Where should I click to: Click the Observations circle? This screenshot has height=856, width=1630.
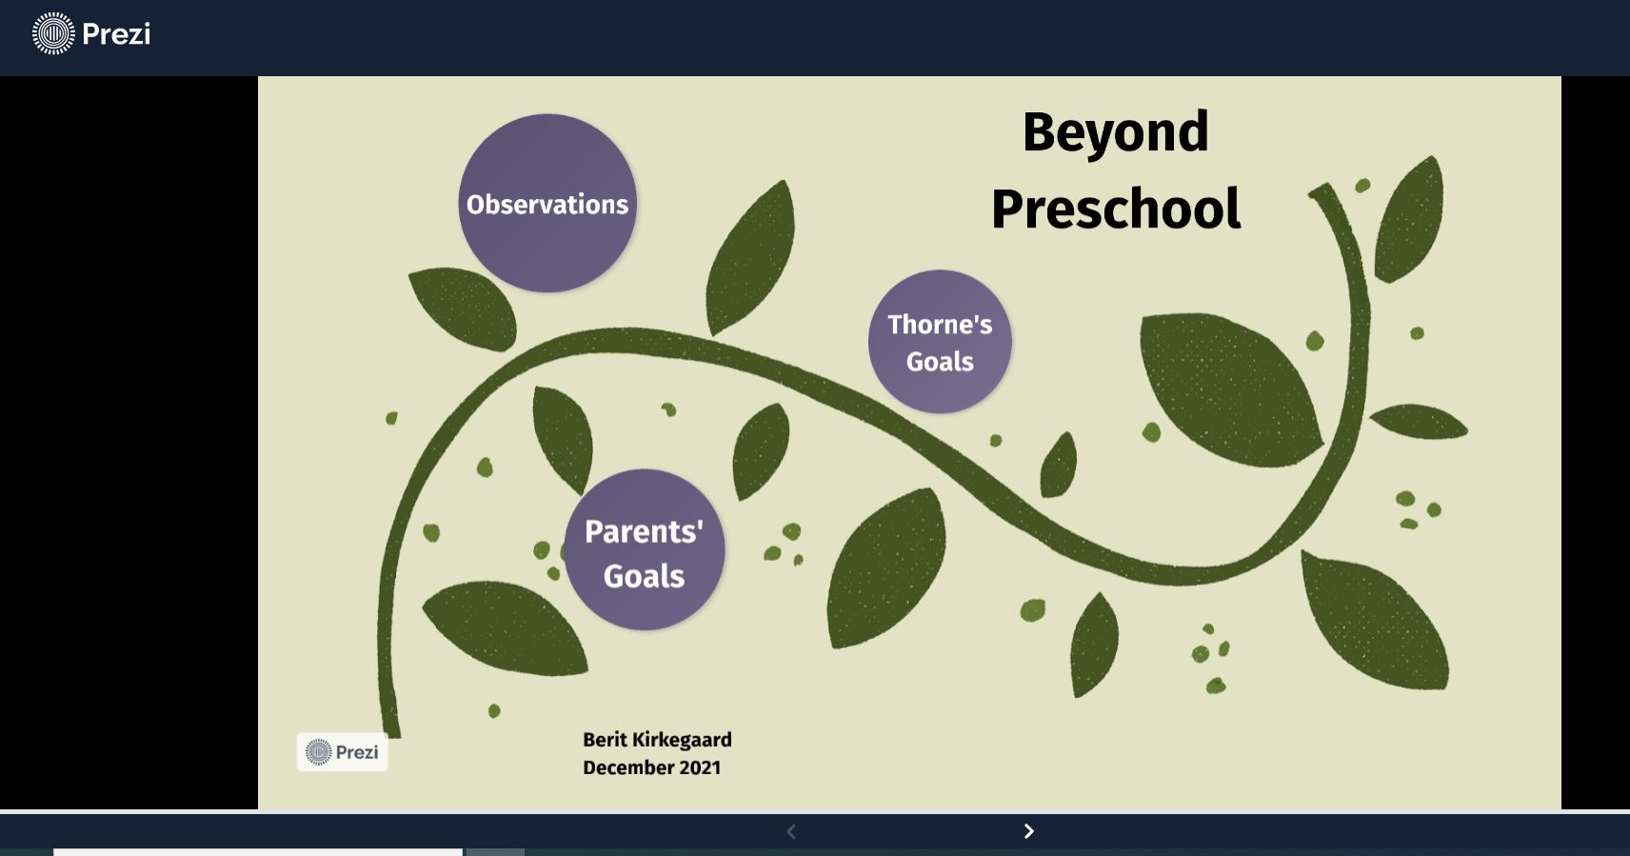pos(547,203)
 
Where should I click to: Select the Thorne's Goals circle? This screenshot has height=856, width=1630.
pos(940,342)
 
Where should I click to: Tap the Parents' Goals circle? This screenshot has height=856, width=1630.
pos(645,549)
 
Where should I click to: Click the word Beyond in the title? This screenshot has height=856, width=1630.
pos(1116,131)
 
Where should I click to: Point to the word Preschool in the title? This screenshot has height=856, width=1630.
pos(1116,209)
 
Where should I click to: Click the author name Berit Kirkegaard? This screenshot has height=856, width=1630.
pos(657,740)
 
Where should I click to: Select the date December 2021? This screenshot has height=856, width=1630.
pos(652,768)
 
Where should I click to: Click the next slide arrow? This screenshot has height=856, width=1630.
pos(1029,831)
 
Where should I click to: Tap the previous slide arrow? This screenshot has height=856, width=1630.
pos(791,831)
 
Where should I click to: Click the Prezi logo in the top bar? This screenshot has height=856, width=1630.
pos(91,33)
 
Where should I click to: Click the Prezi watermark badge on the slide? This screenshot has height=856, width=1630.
pos(342,752)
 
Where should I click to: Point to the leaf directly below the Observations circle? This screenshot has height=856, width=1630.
pos(463,308)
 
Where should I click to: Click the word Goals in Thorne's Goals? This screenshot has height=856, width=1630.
pos(940,362)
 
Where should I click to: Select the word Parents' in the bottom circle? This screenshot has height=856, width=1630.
pos(644,531)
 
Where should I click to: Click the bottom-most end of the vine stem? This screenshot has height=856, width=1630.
pos(391,735)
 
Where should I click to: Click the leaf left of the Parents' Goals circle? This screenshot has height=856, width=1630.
pos(505,627)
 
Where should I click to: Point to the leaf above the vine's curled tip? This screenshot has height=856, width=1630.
pos(1409,219)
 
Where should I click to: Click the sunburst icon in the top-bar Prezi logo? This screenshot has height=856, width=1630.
pos(54,33)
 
